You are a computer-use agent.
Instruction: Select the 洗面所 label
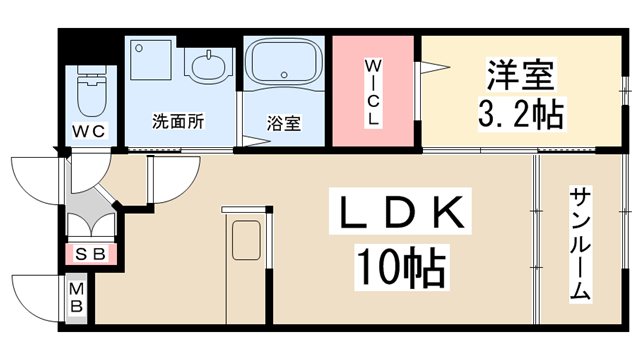click(x=178, y=122)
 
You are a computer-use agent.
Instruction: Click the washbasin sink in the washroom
click(x=208, y=68)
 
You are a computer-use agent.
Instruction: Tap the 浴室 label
click(x=283, y=124)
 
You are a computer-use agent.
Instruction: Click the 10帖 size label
click(x=401, y=265)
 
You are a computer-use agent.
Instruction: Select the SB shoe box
click(x=91, y=253)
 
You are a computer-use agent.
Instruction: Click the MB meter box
click(x=77, y=297)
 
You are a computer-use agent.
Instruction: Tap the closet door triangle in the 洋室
click(x=432, y=69)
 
